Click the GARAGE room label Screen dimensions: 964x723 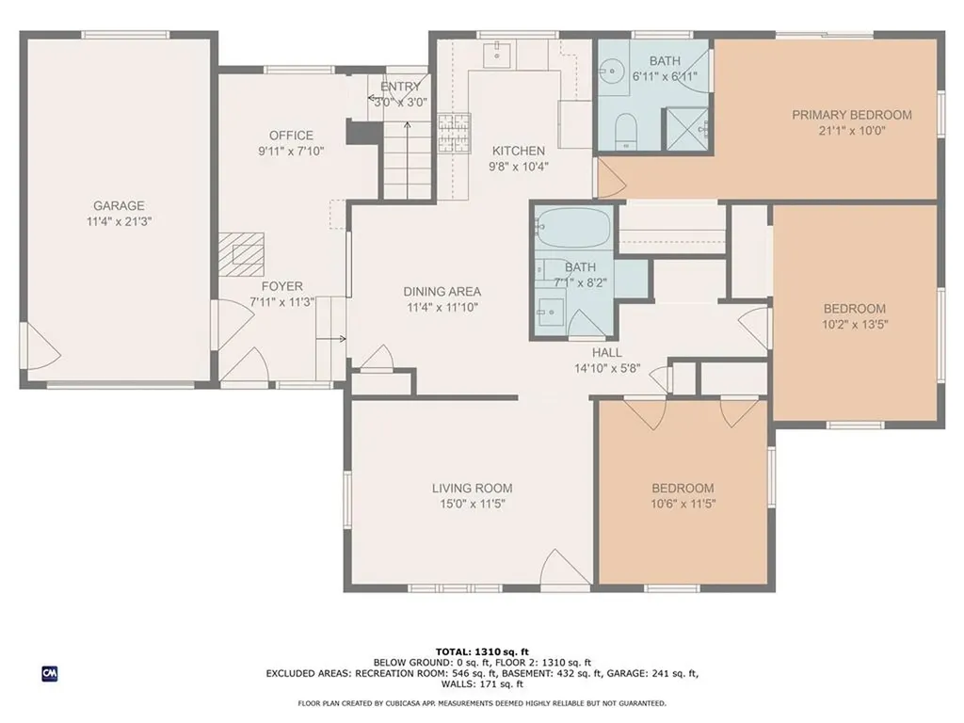click(x=119, y=205)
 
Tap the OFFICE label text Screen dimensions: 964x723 click(x=291, y=136)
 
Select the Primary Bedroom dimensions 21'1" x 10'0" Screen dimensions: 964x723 click(x=851, y=130)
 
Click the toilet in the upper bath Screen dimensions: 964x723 click(x=626, y=130)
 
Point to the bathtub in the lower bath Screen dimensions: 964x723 click(x=573, y=228)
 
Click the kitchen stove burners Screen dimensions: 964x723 click(x=454, y=133)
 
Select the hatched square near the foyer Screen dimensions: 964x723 click(x=242, y=254)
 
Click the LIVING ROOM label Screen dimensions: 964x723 click(x=473, y=489)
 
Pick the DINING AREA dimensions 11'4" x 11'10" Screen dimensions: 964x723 click(x=442, y=308)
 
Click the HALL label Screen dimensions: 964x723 click(x=607, y=353)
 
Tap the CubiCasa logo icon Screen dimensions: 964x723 click(x=50, y=674)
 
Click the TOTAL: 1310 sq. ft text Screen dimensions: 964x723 click(x=482, y=651)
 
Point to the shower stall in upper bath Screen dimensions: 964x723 click(x=685, y=128)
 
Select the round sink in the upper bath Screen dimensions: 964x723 click(x=611, y=71)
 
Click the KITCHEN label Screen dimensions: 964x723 click(x=519, y=151)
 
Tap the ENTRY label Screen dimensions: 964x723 click(x=400, y=87)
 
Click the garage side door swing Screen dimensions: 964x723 click(x=40, y=345)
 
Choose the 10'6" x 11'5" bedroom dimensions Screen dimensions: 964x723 click(x=683, y=505)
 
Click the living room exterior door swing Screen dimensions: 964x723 click(x=565, y=568)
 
